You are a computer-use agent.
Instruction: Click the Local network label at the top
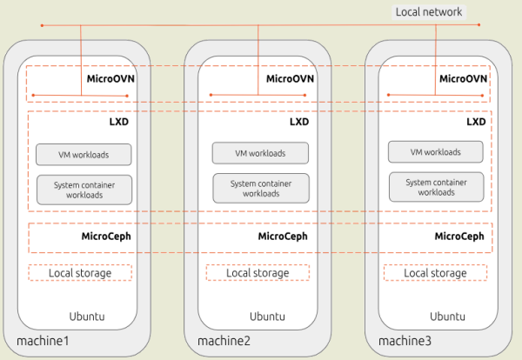tap(430, 11)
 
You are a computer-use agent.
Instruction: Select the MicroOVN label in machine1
tap(110, 78)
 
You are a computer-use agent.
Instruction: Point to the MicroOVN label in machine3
tap(463, 78)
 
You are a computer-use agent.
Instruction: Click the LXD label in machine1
tap(119, 122)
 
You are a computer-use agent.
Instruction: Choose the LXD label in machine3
tap(476, 122)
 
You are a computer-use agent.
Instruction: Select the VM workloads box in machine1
tap(84, 155)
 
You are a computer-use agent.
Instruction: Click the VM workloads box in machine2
tap(261, 153)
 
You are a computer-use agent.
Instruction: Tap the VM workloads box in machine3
tap(436, 152)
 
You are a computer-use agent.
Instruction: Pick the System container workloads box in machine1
tap(84, 190)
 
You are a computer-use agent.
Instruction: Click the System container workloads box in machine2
tap(261, 188)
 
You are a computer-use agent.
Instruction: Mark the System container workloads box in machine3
tap(436, 187)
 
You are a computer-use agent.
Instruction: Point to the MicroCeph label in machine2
tap(284, 237)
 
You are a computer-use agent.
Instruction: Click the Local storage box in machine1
tap(80, 273)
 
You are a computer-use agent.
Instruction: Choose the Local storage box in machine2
tap(258, 273)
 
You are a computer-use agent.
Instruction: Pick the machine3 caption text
tap(404, 340)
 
